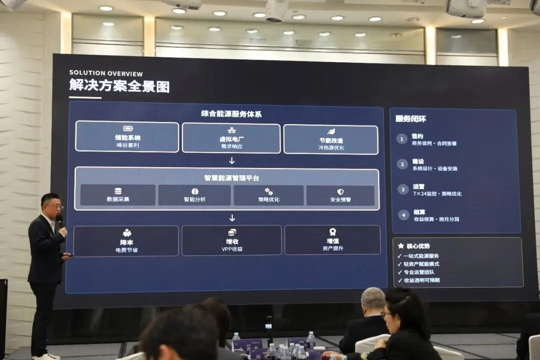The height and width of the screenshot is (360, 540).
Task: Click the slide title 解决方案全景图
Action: tap(119, 86)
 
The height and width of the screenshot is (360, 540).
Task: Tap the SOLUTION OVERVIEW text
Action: tap(106, 73)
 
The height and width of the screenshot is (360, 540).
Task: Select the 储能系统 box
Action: tap(127, 136)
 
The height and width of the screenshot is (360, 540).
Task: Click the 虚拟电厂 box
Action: tap(231, 138)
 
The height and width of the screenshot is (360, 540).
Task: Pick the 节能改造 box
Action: tap(330, 139)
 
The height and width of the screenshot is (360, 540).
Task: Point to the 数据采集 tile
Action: tap(118, 195)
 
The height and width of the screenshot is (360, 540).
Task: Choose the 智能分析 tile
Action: tap(194, 195)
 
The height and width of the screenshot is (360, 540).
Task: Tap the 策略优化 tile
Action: tap(268, 195)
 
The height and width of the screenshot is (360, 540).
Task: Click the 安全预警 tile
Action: tap(340, 195)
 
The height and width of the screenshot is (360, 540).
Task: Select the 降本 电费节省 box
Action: tap(126, 241)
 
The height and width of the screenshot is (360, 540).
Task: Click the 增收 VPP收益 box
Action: tap(231, 240)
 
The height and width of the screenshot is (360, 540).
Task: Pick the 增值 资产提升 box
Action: tap(332, 240)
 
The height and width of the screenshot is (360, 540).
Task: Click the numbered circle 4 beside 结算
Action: tap(403, 215)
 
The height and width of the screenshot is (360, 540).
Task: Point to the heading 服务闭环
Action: tap(410, 119)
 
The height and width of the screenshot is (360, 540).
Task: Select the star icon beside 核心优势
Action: tap(400, 246)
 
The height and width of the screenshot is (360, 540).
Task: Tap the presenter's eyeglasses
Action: tap(54, 206)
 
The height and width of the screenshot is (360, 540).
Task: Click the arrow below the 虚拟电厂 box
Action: tap(231, 160)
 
